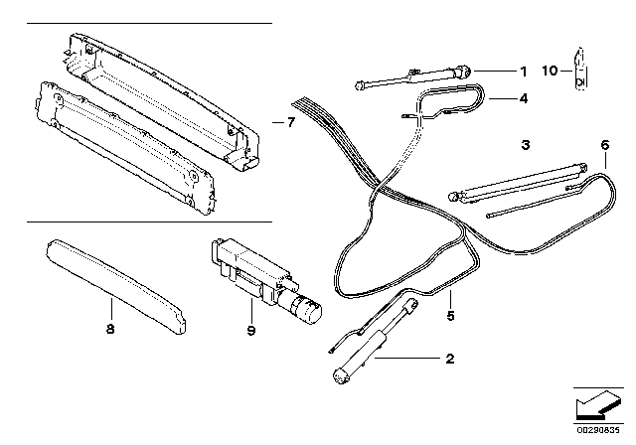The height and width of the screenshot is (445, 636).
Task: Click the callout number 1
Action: pos(523,72)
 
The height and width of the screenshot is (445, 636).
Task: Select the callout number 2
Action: pos(450,360)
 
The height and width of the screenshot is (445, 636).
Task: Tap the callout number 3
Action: pos(525,145)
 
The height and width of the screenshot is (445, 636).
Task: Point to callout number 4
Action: pos(523,98)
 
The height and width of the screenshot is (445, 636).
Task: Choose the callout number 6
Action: pos(603,145)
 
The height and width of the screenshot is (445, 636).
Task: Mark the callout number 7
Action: pos(290,123)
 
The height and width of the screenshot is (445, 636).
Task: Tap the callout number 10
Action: pos(550,71)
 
